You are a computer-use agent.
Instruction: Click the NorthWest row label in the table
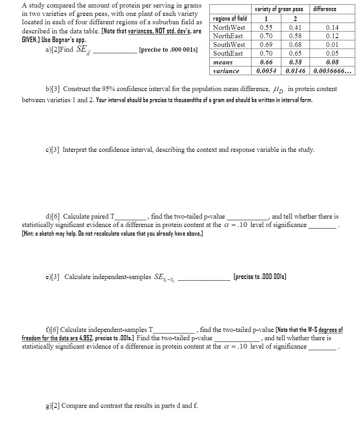[229, 27]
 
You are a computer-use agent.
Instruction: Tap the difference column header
[325, 9]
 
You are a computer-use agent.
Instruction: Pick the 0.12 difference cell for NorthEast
[332, 36]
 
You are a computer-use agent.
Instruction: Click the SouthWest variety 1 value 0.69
[266, 45]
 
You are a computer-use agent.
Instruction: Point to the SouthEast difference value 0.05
[332, 54]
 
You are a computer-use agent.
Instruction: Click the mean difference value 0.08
[332, 62]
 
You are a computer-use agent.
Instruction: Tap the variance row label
[226, 71]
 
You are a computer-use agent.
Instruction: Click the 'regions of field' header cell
[230, 18]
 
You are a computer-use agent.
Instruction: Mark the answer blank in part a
[114, 50]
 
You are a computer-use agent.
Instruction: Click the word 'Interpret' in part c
[75, 150]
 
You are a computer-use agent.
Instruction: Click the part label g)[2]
[52, 406]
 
